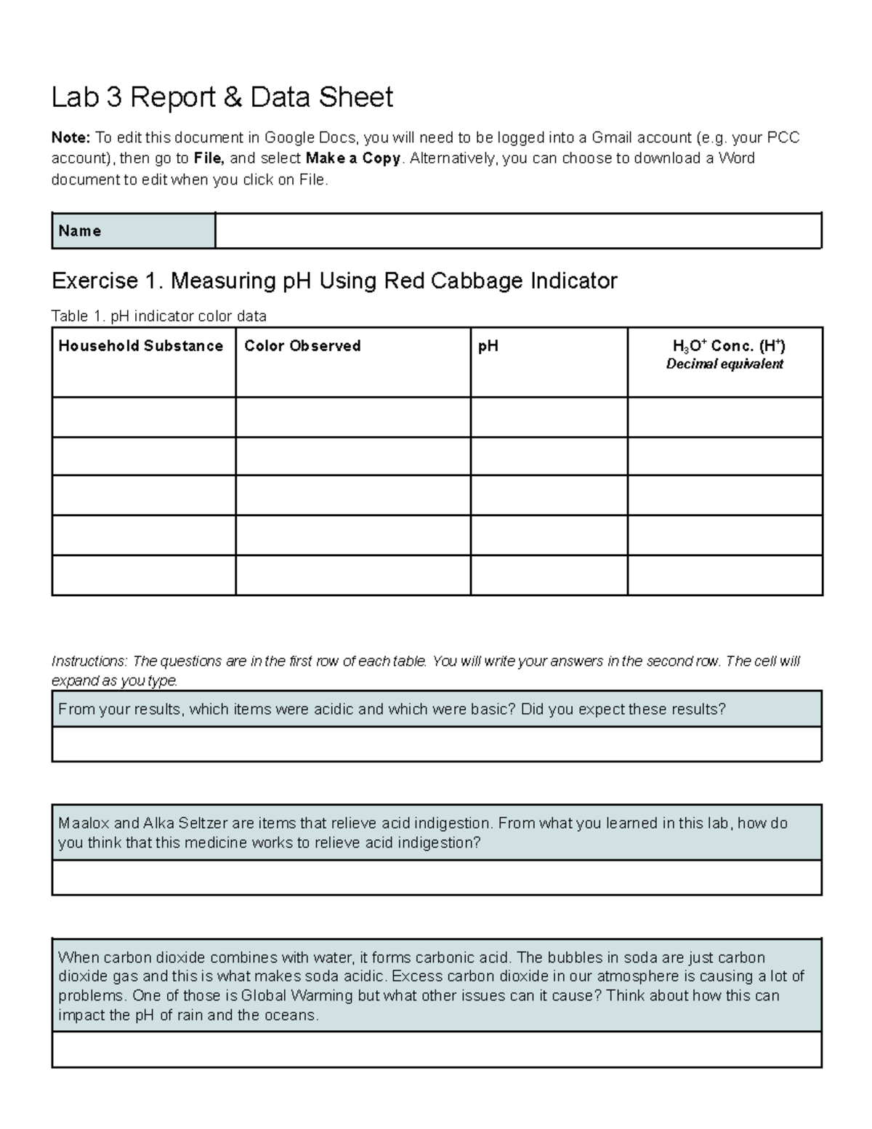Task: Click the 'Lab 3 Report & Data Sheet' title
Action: pyautogui.click(x=222, y=97)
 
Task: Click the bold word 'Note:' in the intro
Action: pyautogui.click(x=70, y=138)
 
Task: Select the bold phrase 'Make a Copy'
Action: pyautogui.click(x=353, y=158)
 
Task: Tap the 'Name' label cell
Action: pyautogui.click(x=133, y=231)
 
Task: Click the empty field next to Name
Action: pyautogui.click(x=517, y=231)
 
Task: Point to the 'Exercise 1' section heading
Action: pyautogui.click(x=334, y=281)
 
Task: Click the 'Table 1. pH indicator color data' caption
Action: pyautogui.click(x=158, y=316)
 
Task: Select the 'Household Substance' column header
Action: pyautogui.click(x=141, y=346)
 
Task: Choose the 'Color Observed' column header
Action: pyautogui.click(x=302, y=346)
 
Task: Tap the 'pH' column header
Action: pyautogui.click(x=488, y=346)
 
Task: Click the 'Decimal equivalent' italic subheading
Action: pyautogui.click(x=724, y=364)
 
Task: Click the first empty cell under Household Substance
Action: pyautogui.click(x=143, y=417)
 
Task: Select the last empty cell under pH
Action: pyautogui.click(x=549, y=575)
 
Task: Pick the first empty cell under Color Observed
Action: pyautogui.click(x=352, y=417)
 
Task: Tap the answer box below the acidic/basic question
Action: pyautogui.click(x=436, y=744)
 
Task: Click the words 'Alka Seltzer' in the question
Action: pyautogui.click(x=185, y=824)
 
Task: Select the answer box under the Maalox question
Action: pyautogui.click(x=436, y=877)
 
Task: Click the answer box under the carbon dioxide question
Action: pyautogui.click(x=436, y=1050)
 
